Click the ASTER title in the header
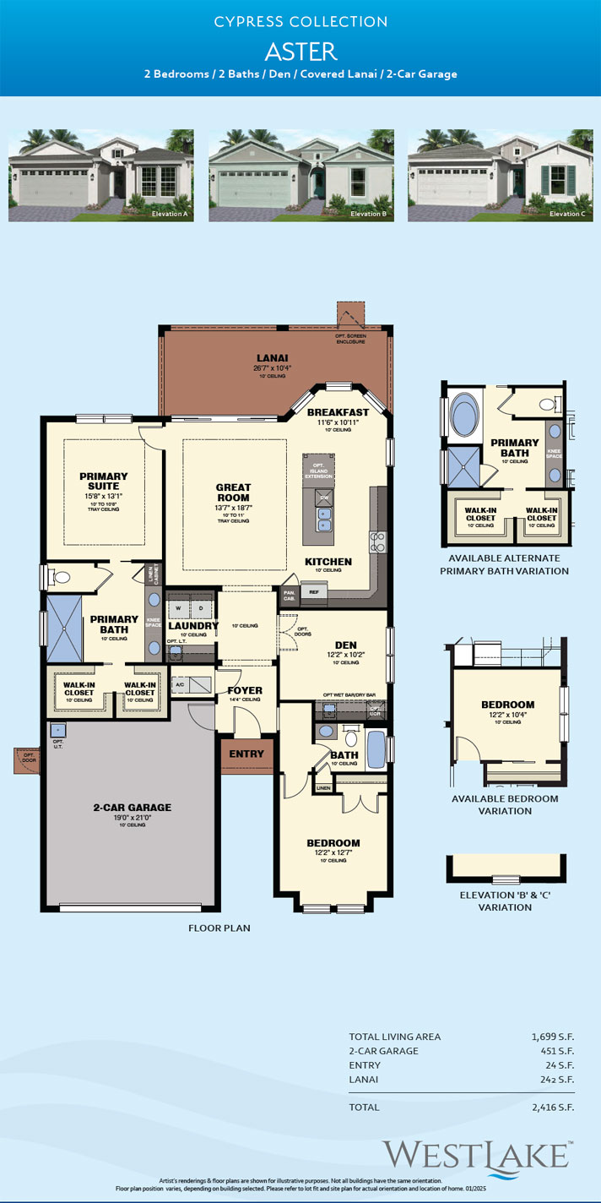pyautogui.click(x=300, y=51)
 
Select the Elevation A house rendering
pyautogui.click(x=101, y=176)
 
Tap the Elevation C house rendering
pyautogui.click(x=500, y=176)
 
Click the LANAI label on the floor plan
pyautogui.click(x=272, y=358)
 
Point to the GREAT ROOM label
pyautogui.click(x=233, y=493)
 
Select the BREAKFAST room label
pyautogui.click(x=338, y=411)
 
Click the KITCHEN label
pyautogui.click(x=328, y=562)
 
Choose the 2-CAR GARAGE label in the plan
pyautogui.click(x=132, y=807)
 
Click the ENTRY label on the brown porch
pyautogui.click(x=246, y=754)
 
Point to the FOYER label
pyautogui.click(x=245, y=690)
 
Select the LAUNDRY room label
pyautogui.click(x=193, y=626)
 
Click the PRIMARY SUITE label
pyautogui.click(x=104, y=482)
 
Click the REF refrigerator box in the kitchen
pyautogui.click(x=313, y=593)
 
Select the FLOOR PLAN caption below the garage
pyautogui.click(x=219, y=928)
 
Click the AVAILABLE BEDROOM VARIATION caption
pyautogui.click(x=505, y=804)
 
